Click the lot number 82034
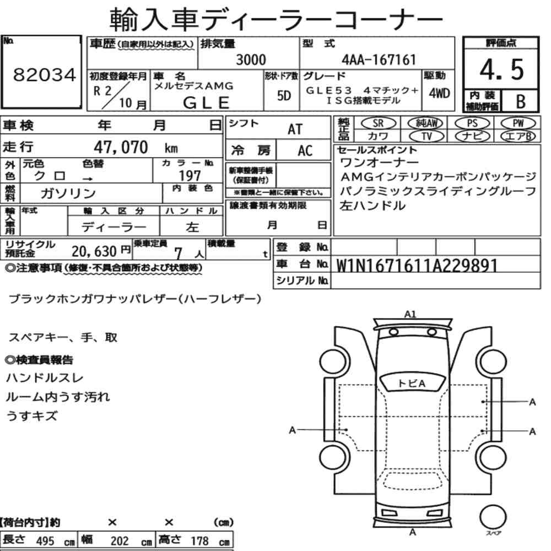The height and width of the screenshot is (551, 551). [44, 75]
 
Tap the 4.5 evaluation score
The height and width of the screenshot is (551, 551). [501, 69]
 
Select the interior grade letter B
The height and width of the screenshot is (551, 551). [521, 101]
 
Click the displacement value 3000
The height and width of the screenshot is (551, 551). [251, 60]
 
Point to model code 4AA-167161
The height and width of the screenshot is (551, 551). [379, 60]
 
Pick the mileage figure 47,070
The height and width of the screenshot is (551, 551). [121, 147]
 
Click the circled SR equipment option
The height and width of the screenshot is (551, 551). [378, 123]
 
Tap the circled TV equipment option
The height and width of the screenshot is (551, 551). [426, 136]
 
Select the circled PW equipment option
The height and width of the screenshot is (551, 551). [518, 123]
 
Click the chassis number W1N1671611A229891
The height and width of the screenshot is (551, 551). [417, 266]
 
